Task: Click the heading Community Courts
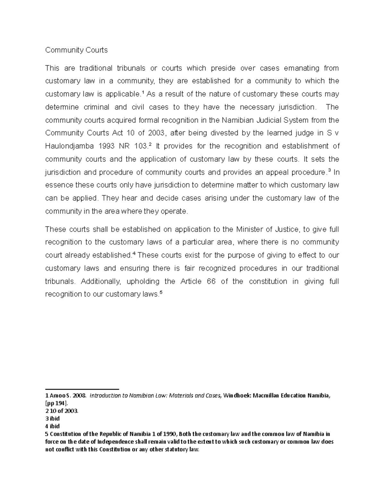click(76, 50)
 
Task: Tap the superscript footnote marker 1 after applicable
click(143, 92)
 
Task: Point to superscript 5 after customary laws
click(161, 292)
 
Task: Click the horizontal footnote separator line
click(82, 389)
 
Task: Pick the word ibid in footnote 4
click(55, 426)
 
